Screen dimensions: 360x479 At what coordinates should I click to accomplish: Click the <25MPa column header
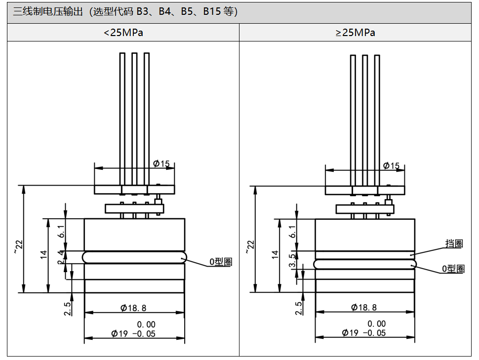click(123, 33)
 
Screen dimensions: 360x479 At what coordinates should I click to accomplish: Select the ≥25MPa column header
click(355, 33)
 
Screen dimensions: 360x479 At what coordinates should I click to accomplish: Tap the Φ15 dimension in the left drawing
click(161, 163)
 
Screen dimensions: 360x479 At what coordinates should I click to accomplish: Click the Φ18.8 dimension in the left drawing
click(133, 308)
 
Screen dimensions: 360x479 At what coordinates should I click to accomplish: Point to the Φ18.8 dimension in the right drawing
click(364, 307)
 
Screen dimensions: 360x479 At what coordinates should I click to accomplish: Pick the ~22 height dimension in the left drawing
click(19, 246)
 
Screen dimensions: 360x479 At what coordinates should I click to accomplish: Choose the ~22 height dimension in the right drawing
click(250, 246)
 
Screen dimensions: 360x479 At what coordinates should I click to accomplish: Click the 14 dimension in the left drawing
click(43, 255)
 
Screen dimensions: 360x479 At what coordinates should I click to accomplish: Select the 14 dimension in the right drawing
click(275, 255)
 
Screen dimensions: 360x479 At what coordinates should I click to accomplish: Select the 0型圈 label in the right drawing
click(453, 269)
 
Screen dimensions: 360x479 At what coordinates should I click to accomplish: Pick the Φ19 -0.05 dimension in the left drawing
click(133, 333)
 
